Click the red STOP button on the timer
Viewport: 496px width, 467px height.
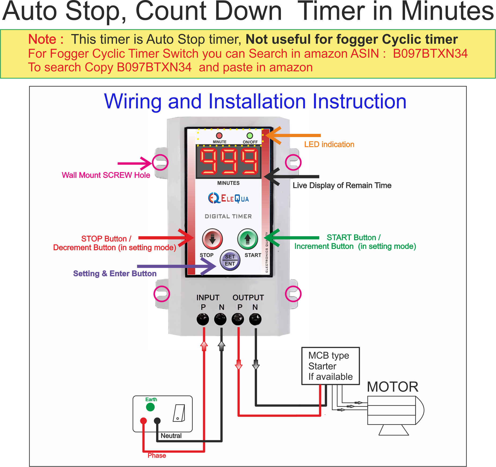[x=212, y=238]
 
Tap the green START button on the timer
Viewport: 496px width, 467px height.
[x=248, y=238]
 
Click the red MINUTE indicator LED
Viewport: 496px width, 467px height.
[x=219, y=135]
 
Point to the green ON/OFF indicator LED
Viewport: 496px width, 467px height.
[x=250, y=135]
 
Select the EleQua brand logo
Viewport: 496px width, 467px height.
[x=229, y=198]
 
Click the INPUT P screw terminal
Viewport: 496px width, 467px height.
[x=203, y=319]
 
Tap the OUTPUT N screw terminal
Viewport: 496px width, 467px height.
[x=255, y=319]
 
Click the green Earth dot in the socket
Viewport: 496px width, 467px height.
[x=150, y=407]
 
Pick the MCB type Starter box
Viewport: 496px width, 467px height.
[x=330, y=366]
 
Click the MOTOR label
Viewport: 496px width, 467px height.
[x=392, y=387]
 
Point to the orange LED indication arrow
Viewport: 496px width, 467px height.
[x=292, y=135]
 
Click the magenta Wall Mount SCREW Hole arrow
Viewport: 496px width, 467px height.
[x=134, y=163]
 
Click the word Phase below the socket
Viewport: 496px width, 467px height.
[x=157, y=455]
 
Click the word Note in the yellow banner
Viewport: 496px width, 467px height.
[x=42, y=39]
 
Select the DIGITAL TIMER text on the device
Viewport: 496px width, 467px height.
[x=228, y=216]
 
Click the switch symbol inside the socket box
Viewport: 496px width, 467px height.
[x=179, y=413]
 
